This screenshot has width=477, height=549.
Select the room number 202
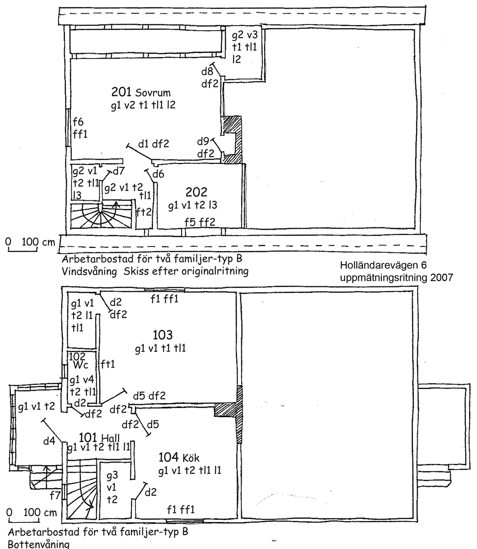[x=196, y=192]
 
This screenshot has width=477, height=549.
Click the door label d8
[x=207, y=72]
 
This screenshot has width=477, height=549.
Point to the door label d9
[x=203, y=142]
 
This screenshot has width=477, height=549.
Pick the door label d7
[x=118, y=172]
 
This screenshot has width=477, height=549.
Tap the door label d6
[x=158, y=174]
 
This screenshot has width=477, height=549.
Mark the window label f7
[x=55, y=495]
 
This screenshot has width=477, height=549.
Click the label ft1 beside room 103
[x=108, y=364]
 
